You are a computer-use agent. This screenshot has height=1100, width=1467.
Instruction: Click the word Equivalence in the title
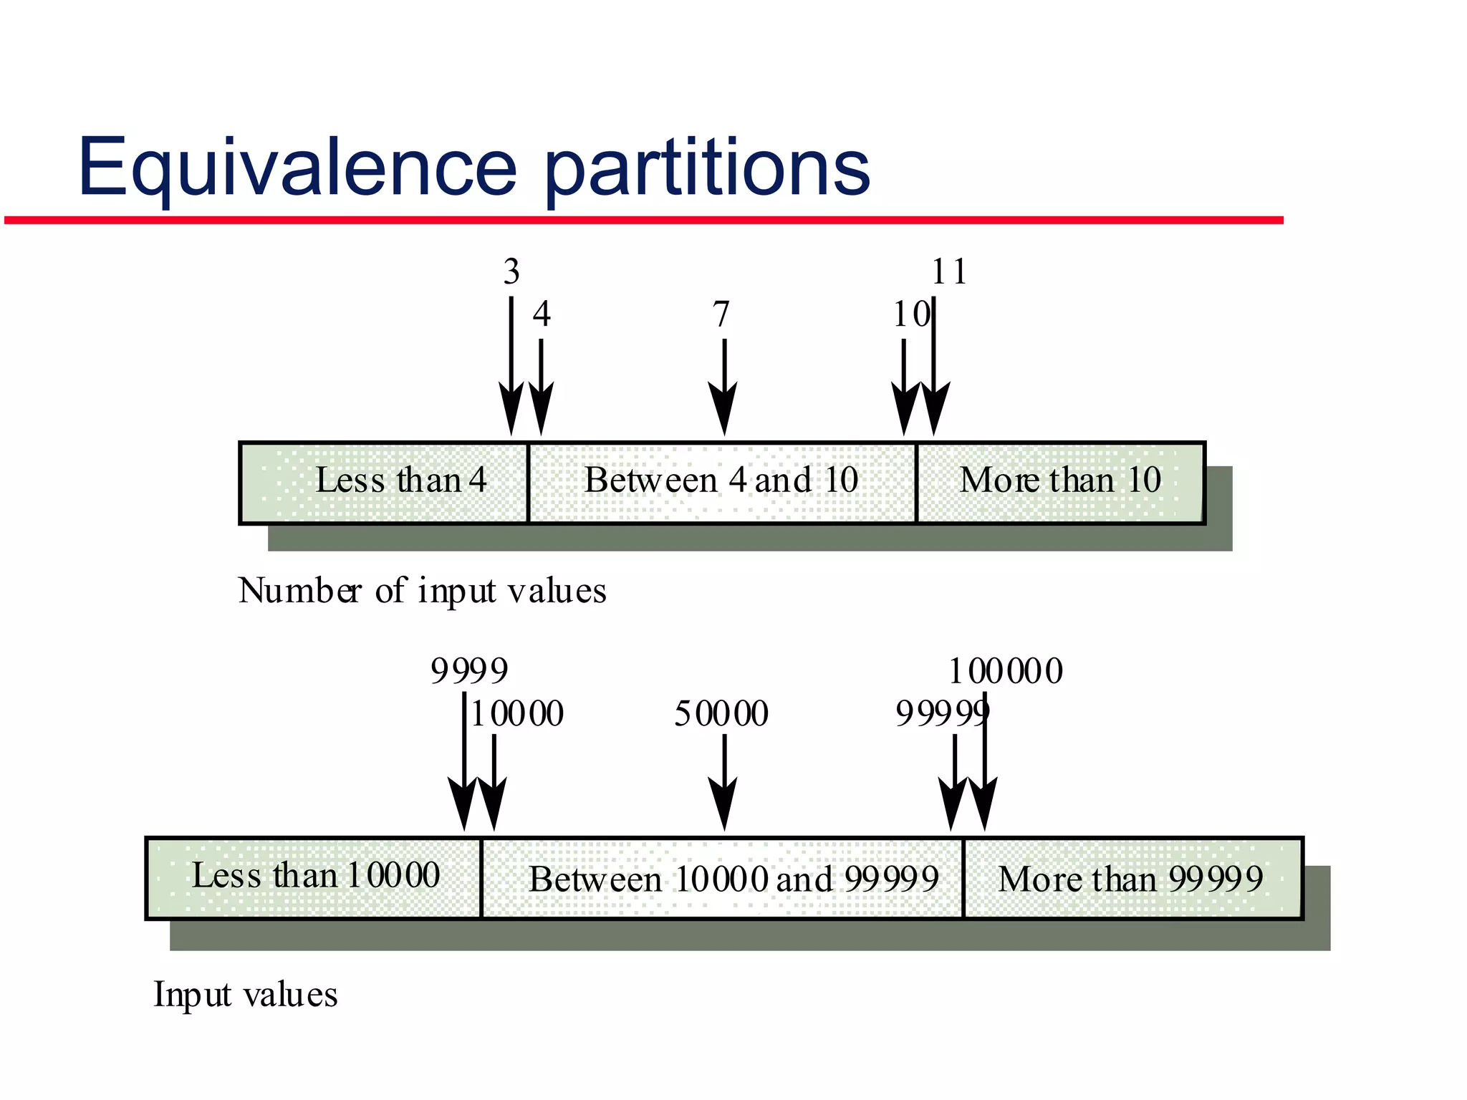pyautogui.click(x=297, y=168)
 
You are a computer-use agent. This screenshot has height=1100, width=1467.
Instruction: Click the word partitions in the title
pyautogui.click(x=707, y=168)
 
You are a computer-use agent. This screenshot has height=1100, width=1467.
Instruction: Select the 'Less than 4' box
pyautogui.click(x=385, y=482)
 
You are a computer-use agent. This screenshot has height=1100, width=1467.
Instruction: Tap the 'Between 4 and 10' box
pyautogui.click(x=721, y=482)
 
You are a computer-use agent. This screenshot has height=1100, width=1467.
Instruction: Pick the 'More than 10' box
pyautogui.click(x=1060, y=482)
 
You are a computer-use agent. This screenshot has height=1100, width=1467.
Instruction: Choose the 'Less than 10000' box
pyautogui.click(x=314, y=877)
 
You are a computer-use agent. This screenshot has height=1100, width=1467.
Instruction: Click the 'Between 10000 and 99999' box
pyautogui.click(x=722, y=878)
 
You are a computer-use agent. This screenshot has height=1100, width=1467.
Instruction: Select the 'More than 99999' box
pyautogui.click(x=1132, y=878)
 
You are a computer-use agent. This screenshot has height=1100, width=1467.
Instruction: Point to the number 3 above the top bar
pyautogui.click(x=511, y=271)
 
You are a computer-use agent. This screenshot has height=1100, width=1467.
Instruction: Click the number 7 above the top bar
pyautogui.click(x=721, y=314)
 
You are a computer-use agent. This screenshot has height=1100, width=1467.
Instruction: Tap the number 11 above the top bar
pyautogui.click(x=949, y=271)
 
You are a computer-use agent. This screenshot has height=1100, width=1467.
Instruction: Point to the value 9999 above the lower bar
pyautogui.click(x=469, y=672)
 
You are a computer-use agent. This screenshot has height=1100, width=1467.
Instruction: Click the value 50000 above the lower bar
pyautogui.click(x=721, y=714)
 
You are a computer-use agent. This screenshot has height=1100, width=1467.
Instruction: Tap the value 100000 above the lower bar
pyautogui.click(x=1006, y=672)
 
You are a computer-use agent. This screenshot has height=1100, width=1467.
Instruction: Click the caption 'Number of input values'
pyautogui.click(x=422, y=591)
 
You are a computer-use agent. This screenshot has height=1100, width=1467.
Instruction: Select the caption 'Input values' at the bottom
pyautogui.click(x=245, y=995)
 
